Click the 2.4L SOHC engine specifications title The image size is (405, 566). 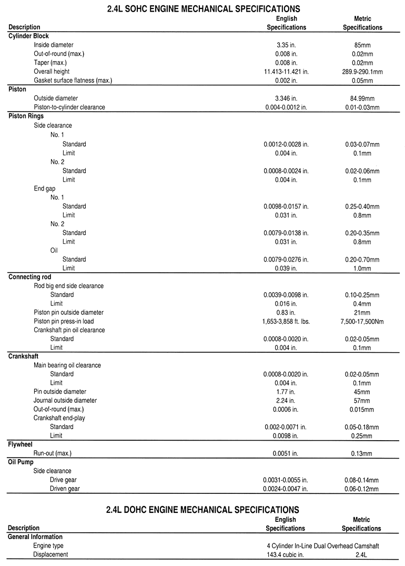(x=202, y=8)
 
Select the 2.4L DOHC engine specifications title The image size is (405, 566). (x=202, y=509)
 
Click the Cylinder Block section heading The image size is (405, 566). (x=28, y=36)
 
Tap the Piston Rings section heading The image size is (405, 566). (x=26, y=116)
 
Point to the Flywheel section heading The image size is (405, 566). (x=21, y=444)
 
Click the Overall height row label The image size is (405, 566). (x=52, y=72)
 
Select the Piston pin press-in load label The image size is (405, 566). (x=64, y=321)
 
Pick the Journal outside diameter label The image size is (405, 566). (x=65, y=400)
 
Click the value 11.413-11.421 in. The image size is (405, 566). (x=286, y=72)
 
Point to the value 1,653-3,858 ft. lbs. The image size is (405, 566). (x=286, y=321)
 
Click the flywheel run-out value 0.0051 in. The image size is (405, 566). (x=286, y=453)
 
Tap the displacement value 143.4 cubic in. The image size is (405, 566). (x=286, y=554)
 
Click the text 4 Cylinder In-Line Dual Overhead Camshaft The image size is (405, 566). (x=322, y=546)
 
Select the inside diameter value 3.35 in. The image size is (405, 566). (x=286, y=45)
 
